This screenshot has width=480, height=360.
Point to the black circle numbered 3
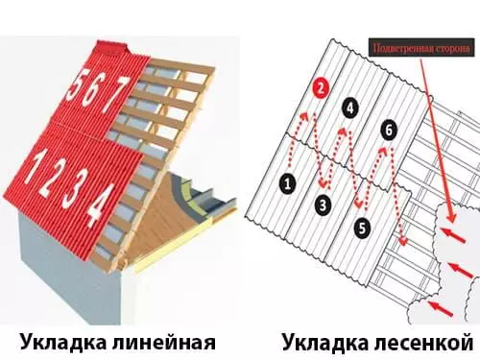point(324,204)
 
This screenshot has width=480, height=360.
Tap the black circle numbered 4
point(350,108)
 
